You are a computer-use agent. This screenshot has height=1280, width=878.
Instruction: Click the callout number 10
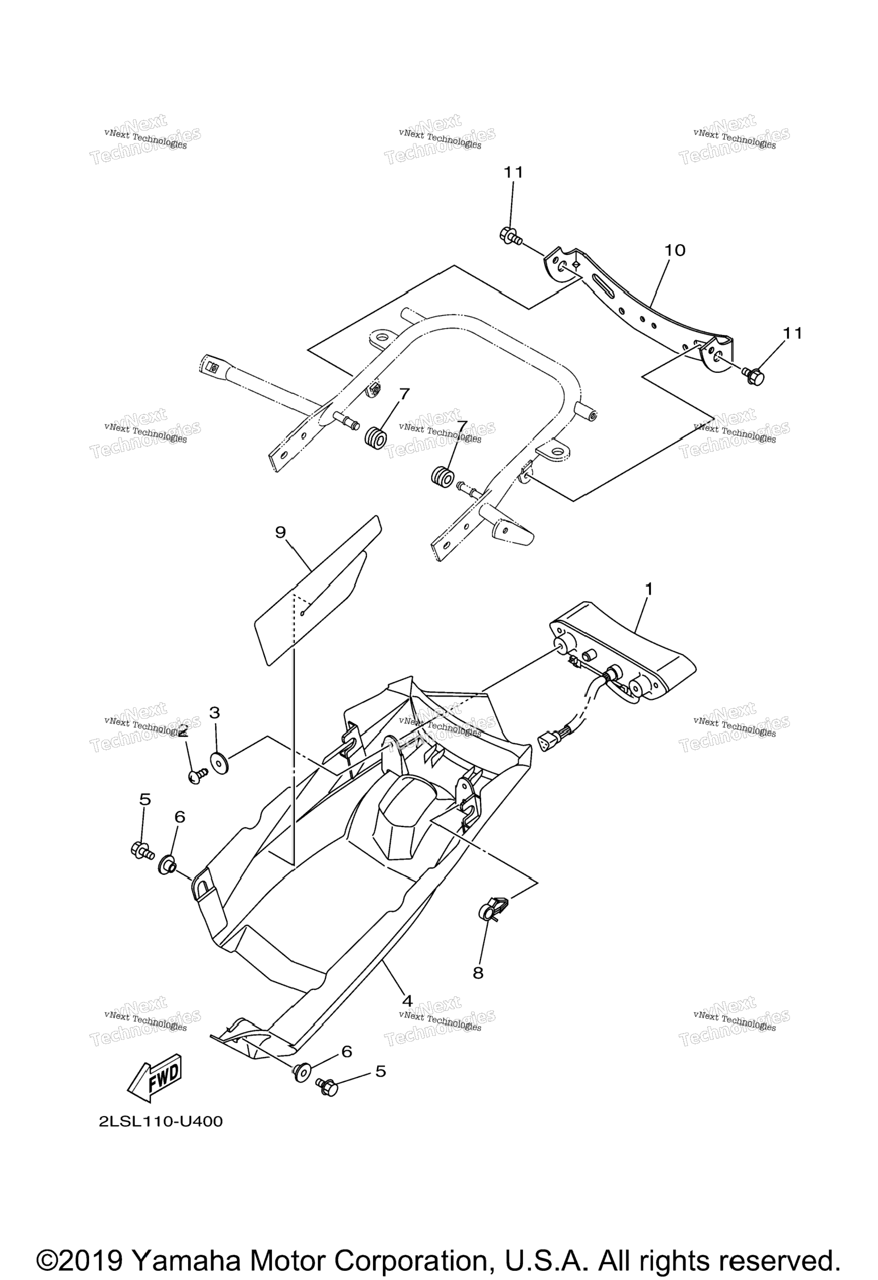click(x=675, y=250)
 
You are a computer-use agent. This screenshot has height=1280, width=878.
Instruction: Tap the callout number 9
click(x=281, y=532)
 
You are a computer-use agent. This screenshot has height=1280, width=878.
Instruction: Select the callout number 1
click(x=648, y=589)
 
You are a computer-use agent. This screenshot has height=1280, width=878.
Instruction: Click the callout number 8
click(x=478, y=973)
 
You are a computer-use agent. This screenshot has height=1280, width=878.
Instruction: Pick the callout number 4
click(x=407, y=1001)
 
